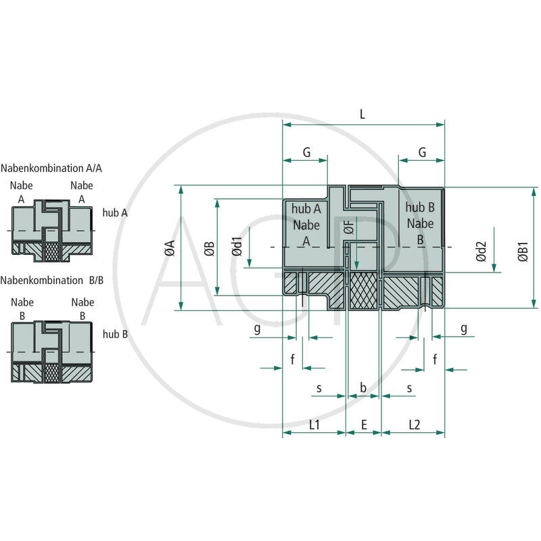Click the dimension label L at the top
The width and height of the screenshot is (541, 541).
(362, 114)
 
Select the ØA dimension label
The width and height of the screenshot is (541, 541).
(170, 248)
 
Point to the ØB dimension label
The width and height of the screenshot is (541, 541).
(209, 249)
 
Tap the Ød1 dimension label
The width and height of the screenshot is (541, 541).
(237, 247)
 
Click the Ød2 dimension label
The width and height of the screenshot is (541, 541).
(481, 252)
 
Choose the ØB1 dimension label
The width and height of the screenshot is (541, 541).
(523, 252)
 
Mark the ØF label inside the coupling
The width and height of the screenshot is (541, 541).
(349, 228)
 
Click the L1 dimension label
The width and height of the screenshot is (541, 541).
(314, 425)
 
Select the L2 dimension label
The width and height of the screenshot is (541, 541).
(415, 425)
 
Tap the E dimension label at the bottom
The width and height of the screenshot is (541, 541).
(364, 425)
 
